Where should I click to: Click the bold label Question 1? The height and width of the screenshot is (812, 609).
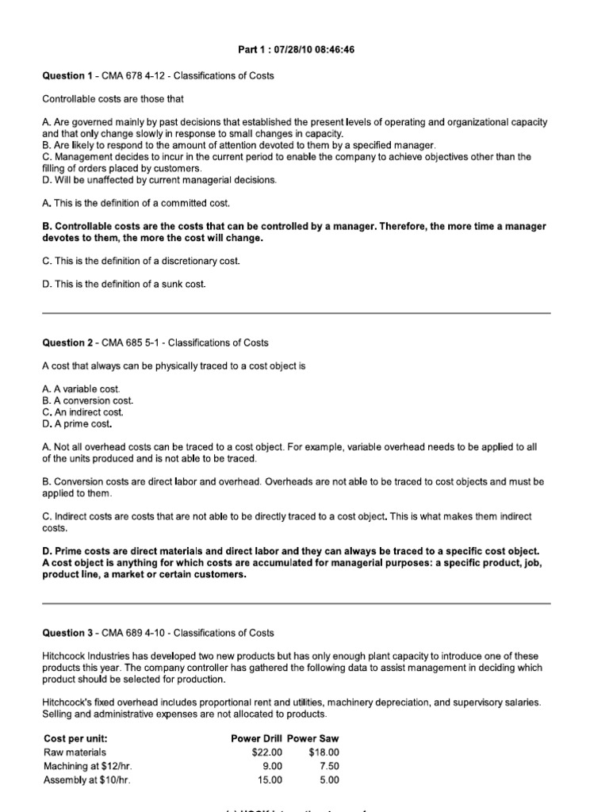pyautogui.click(x=67, y=75)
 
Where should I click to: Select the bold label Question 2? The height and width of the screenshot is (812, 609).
pyautogui.click(x=67, y=343)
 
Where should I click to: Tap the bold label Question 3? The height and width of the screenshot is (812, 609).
pyautogui.click(x=67, y=633)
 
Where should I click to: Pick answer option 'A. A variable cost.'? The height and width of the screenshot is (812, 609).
pyautogui.click(x=81, y=389)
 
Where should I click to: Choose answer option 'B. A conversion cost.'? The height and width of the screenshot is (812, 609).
pyautogui.click(x=87, y=400)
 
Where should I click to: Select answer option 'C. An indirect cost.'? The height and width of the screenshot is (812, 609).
pyautogui.click(x=83, y=412)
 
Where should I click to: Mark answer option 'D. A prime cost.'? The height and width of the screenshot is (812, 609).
pyautogui.click(x=78, y=423)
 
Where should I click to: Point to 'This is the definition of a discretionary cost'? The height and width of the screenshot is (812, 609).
pyautogui.click(x=140, y=261)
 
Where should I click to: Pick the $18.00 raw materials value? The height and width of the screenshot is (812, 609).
pyautogui.click(x=323, y=752)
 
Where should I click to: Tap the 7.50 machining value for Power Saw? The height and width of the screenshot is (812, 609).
pyautogui.click(x=327, y=766)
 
